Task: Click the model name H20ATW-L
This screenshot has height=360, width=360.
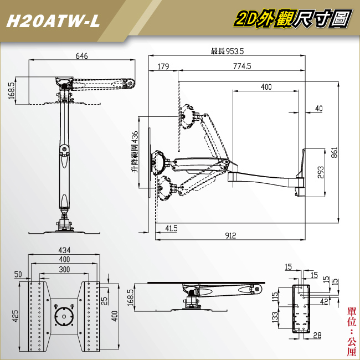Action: click(x=53, y=22)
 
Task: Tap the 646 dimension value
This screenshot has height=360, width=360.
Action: click(x=82, y=56)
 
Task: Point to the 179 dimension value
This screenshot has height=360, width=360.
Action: click(x=163, y=66)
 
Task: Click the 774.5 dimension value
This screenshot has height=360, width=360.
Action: click(x=242, y=66)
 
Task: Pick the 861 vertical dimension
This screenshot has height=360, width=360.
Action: click(x=335, y=152)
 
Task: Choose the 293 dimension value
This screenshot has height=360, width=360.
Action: click(x=321, y=172)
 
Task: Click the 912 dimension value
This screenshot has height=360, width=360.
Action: click(x=230, y=235)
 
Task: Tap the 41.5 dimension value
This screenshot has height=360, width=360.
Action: click(x=171, y=228)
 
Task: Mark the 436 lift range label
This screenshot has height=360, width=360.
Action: click(x=135, y=152)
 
